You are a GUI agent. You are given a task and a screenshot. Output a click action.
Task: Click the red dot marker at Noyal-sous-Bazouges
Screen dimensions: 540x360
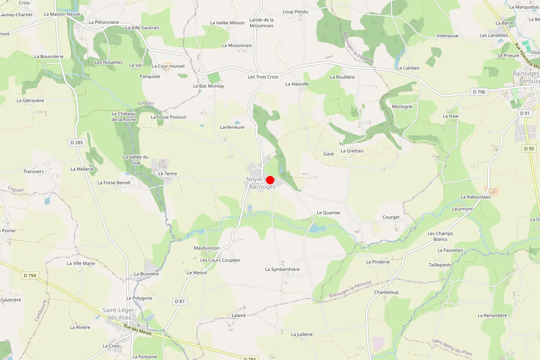270,180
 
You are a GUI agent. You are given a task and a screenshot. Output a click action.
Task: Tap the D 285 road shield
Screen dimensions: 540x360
76,143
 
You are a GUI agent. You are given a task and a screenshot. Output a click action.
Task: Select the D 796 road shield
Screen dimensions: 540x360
479,92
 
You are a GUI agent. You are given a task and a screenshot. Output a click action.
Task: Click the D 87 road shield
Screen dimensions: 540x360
179,301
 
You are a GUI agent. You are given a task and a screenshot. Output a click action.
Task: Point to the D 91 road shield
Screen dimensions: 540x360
525,113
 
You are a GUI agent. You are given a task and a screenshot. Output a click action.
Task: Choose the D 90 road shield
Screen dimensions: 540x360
529,148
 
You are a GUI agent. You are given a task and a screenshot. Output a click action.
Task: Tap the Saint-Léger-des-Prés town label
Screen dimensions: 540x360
117,314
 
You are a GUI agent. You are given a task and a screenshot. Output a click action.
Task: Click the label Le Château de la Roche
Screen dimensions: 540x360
124,117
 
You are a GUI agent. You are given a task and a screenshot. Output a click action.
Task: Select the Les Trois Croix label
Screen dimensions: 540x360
263,77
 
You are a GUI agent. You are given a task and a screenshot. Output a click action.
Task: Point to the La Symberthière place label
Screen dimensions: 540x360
282,270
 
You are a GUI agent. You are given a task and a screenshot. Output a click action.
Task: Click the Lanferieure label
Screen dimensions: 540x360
232,127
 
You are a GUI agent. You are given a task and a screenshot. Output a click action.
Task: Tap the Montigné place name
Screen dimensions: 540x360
402,107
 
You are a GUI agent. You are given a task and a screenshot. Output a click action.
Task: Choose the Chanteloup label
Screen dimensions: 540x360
386,292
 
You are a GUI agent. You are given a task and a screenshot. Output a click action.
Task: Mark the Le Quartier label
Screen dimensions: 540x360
328,213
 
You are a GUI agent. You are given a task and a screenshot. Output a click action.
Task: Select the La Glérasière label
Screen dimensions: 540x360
30,100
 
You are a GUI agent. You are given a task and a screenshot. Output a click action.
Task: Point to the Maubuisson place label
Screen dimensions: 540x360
207,248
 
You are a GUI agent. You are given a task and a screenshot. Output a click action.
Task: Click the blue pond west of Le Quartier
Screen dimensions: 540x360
317,229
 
